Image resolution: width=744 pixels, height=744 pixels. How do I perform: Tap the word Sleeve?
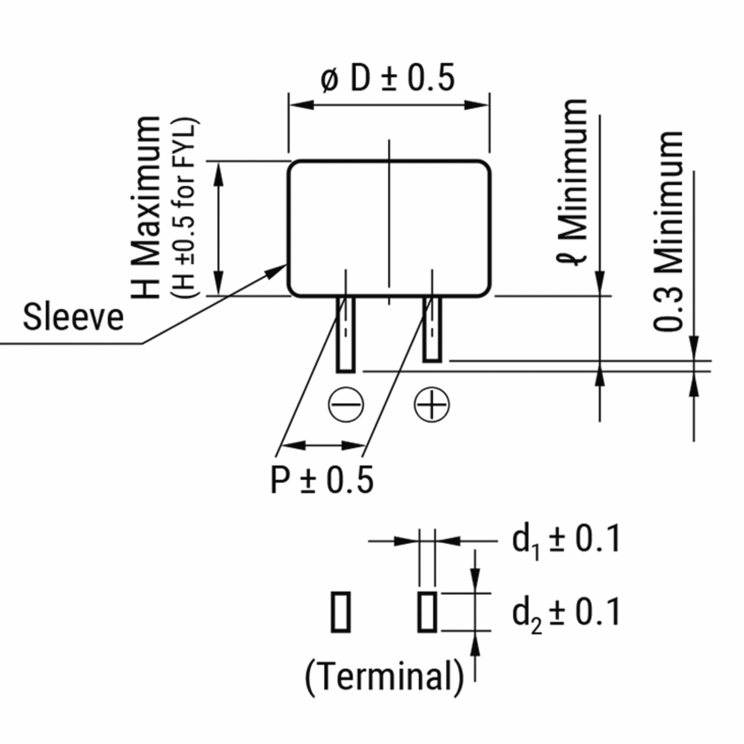(x=73, y=317)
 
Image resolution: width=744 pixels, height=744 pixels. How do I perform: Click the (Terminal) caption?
(x=384, y=677)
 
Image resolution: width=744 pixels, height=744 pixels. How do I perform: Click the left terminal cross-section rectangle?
(x=341, y=612)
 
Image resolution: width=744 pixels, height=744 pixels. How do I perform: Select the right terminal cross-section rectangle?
(x=427, y=612)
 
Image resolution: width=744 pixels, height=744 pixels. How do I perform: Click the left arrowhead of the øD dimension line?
(x=300, y=105)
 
